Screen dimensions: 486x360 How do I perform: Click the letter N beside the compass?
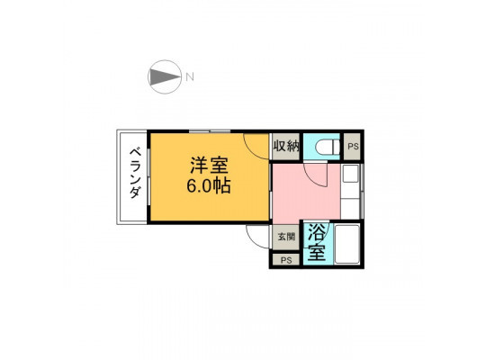point(190,76)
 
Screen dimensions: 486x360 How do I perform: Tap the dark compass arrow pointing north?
point(165,76)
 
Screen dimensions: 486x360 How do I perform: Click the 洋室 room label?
point(209,166)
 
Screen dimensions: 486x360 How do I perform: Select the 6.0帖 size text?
point(208,185)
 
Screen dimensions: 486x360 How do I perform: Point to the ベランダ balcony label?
point(135,174)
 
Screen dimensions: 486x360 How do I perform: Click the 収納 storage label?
point(286,146)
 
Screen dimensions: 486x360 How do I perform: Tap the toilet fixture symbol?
point(328,147)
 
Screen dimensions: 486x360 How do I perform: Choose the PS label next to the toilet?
point(353,147)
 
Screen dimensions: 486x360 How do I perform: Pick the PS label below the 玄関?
point(286,260)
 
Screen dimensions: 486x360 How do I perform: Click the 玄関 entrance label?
point(286,237)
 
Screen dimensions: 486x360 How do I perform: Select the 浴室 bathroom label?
point(317,244)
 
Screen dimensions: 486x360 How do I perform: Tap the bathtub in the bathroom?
point(347,245)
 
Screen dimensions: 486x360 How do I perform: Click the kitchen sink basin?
point(350,174)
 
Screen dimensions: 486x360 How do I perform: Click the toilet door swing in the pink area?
point(315,176)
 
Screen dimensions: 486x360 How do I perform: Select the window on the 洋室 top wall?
point(210,131)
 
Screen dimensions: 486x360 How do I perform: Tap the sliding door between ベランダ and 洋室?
point(148,176)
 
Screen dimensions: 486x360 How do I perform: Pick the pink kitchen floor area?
point(305,193)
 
